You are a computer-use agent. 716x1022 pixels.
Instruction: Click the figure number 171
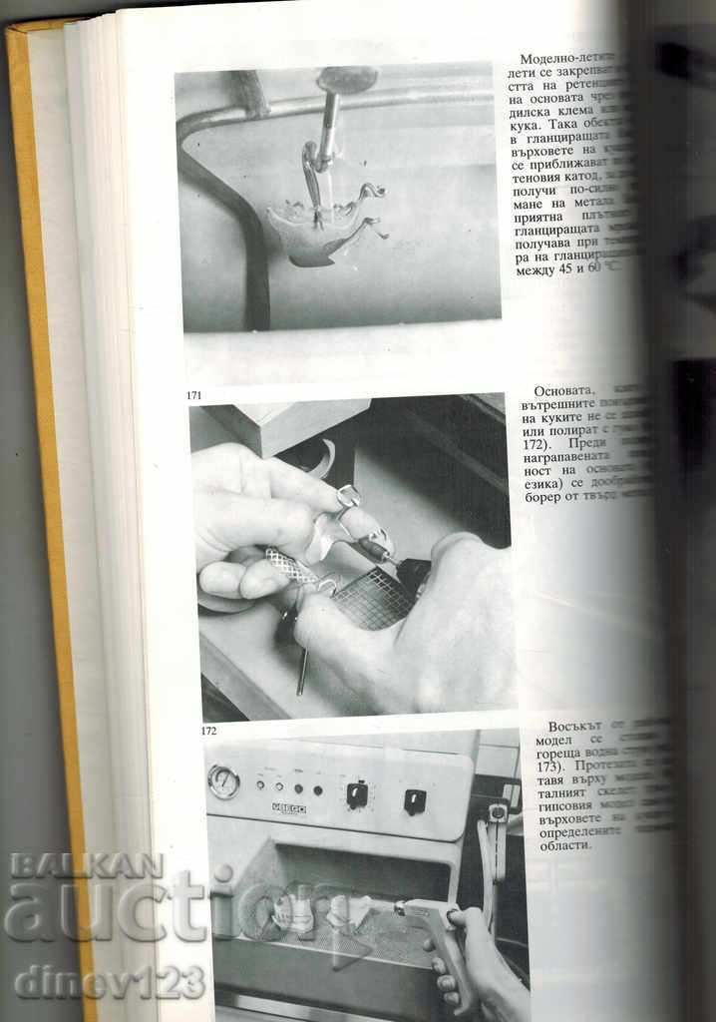pyautogui.click(x=194, y=396)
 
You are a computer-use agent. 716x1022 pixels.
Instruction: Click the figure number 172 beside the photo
pyautogui.click(x=208, y=731)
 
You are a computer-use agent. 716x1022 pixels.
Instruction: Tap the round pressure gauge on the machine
pyautogui.click(x=222, y=781)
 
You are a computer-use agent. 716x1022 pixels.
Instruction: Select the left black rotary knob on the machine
pyautogui.click(x=356, y=793)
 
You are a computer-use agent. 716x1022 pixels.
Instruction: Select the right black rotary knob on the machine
pyautogui.click(x=415, y=800)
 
